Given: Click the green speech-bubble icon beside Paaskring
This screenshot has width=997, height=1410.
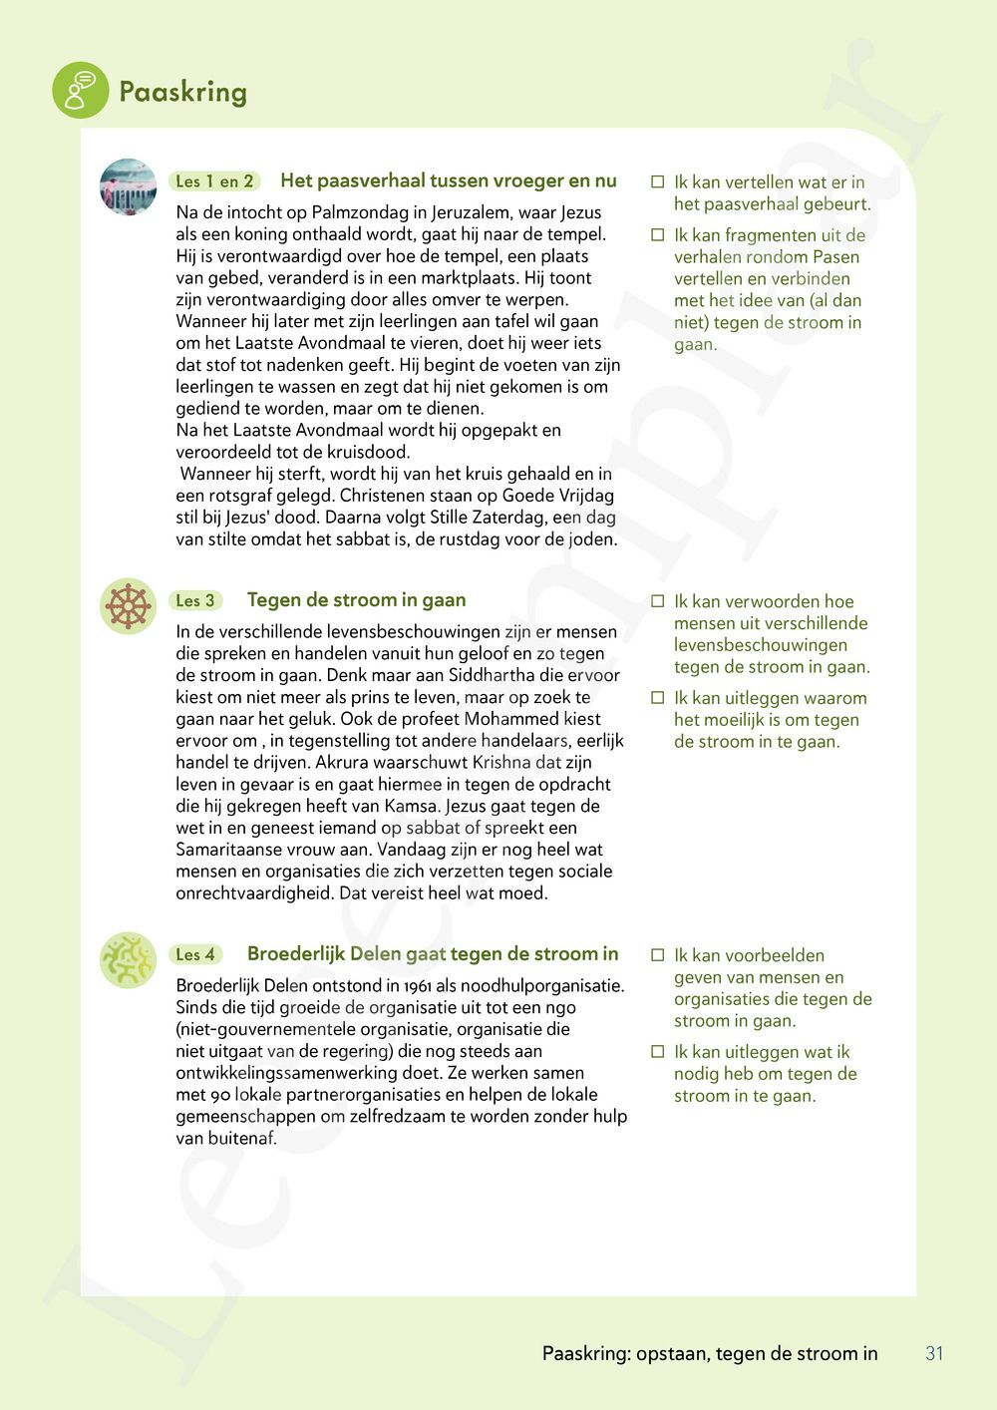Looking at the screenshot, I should (80, 90).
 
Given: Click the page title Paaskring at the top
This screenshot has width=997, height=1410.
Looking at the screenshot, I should (182, 93).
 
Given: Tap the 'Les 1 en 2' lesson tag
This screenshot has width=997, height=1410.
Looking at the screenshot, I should (214, 181).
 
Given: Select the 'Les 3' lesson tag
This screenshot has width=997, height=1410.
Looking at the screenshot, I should (195, 600).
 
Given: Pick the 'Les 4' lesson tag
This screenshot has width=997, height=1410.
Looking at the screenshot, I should (195, 954).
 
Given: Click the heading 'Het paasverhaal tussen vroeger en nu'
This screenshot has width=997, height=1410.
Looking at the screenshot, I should (449, 180).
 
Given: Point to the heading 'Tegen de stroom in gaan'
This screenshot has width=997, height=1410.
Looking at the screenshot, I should (356, 599).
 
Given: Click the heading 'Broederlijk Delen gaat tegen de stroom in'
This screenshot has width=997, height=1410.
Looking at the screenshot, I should (433, 953).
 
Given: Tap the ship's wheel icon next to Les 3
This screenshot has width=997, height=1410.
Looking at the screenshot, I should (129, 605).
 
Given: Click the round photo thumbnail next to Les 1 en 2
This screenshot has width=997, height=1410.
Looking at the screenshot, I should (129, 186).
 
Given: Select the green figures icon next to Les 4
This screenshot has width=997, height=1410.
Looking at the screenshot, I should (129, 960).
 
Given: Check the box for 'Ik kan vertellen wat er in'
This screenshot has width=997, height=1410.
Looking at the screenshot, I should (657, 182).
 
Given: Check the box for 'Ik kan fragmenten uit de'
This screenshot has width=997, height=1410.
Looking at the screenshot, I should (657, 235).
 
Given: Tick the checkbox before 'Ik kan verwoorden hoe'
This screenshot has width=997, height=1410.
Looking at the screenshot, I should (657, 601).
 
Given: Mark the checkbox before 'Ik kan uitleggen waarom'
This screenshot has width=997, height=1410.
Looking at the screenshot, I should (657, 698).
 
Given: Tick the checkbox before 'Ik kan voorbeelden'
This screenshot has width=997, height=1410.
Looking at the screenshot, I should (657, 955).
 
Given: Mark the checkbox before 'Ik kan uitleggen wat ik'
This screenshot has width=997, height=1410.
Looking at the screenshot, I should (657, 1052).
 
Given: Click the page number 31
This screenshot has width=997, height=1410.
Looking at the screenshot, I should (934, 1353).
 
